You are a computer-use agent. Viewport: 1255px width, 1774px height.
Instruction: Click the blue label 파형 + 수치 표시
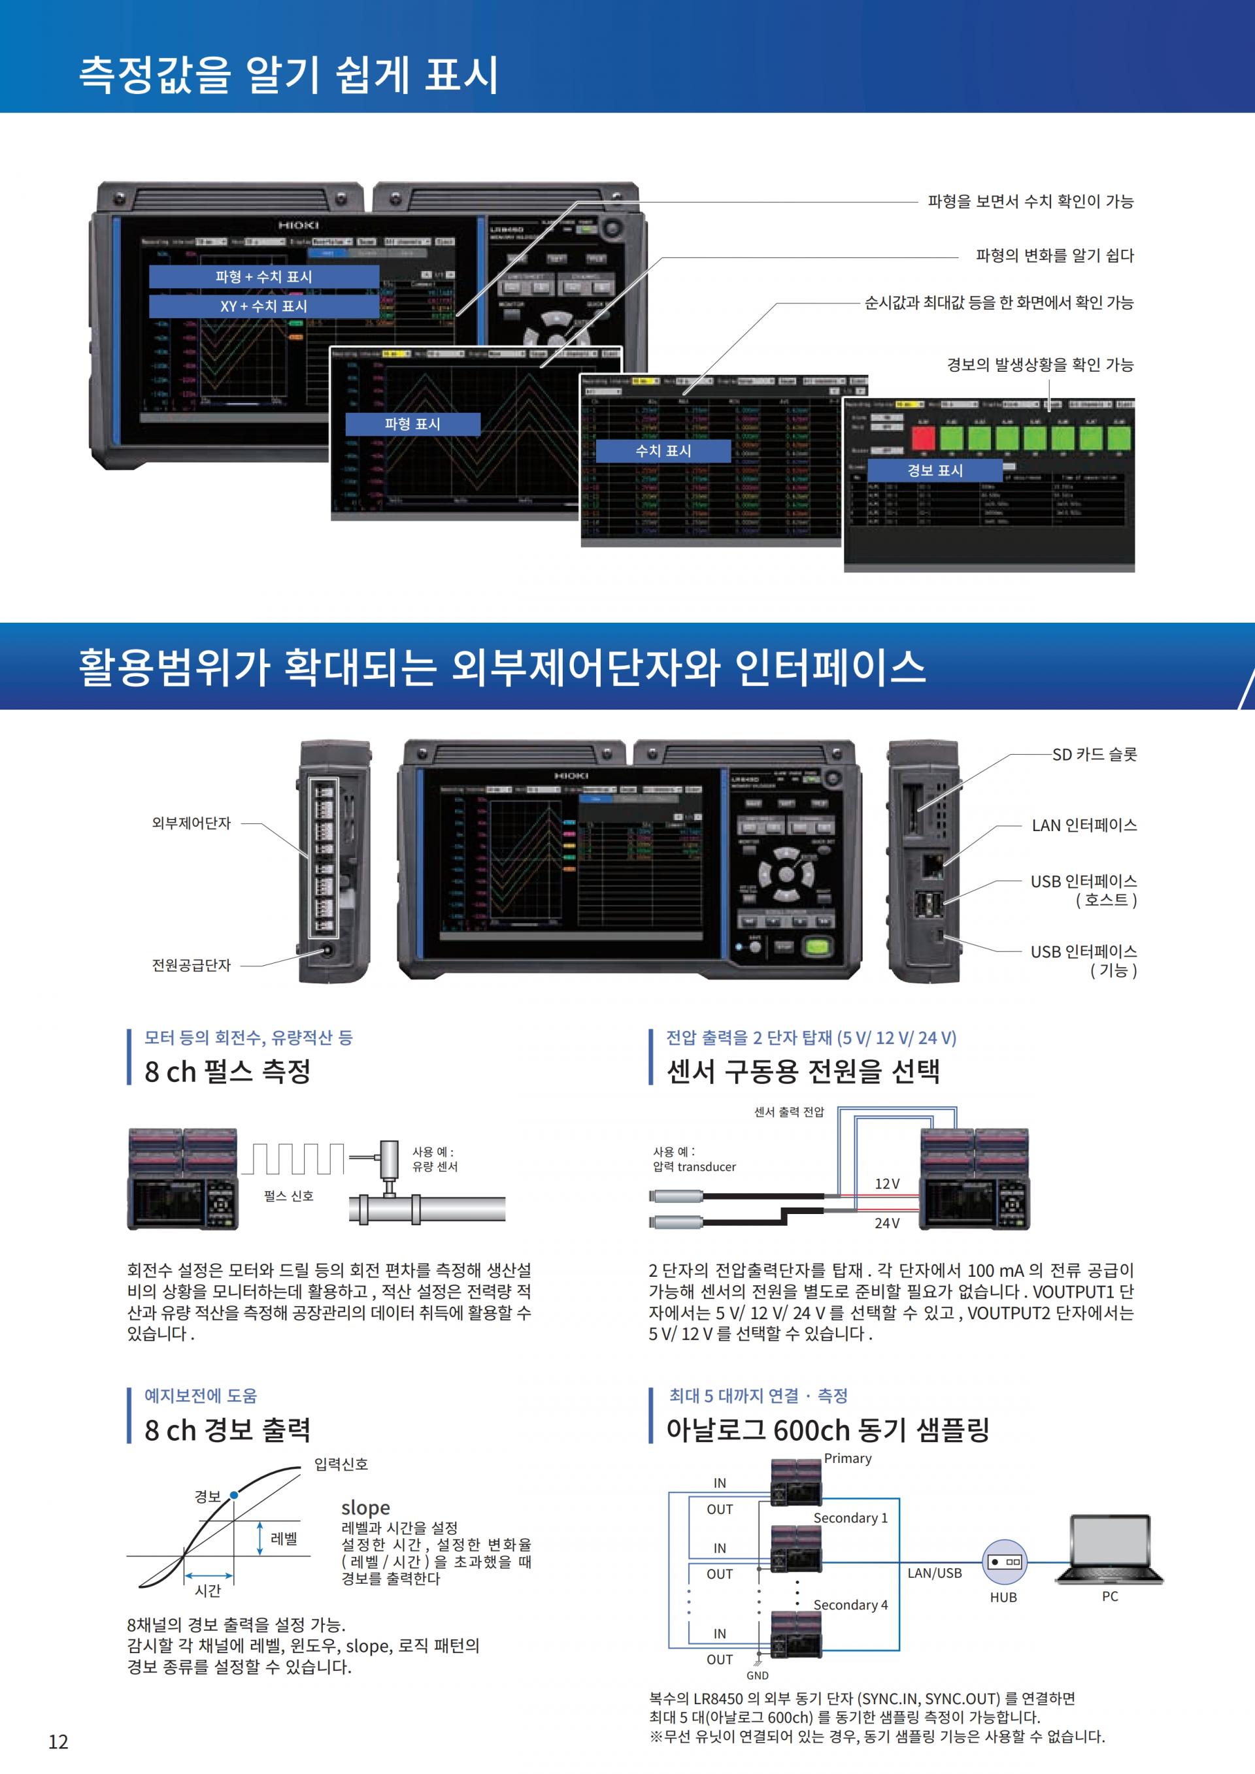pyautogui.click(x=263, y=276)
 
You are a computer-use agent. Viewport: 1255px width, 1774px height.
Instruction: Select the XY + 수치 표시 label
pyautogui.click(x=263, y=306)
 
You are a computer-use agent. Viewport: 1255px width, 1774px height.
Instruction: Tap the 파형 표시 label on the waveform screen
pyautogui.click(x=412, y=423)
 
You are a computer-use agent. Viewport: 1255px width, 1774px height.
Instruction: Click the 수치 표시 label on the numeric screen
pyautogui.click(x=662, y=450)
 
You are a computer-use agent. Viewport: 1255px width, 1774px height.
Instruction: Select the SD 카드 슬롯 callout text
pyautogui.click(x=1094, y=754)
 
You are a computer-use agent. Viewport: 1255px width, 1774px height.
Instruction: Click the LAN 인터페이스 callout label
pyautogui.click(x=1084, y=825)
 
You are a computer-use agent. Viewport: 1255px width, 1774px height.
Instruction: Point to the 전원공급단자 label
pyautogui.click(x=191, y=965)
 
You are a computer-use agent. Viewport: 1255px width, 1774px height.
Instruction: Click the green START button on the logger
pyautogui.click(x=818, y=947)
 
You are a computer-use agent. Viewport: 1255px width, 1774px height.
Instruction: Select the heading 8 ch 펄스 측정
pyautogui.click(x=227, y=1072)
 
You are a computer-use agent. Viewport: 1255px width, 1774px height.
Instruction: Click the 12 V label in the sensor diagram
pyautogui.click(x=886, y=1184)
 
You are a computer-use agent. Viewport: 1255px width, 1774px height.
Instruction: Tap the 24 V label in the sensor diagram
pyautogui.click(x=886, y=1223)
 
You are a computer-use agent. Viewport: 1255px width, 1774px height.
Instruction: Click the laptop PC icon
pyautogui.click(x=1109, y=1549)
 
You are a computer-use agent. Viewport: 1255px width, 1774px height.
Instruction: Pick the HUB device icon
pyautogui.click(x=1004, y=1562)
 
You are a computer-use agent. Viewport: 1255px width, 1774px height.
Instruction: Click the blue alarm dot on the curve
pyautogui.click(x=234, y=1495)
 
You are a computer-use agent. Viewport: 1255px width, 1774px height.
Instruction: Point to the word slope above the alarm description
pyautogui.click(x=365, y=1507)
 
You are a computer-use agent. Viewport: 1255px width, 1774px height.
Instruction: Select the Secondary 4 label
pyautogui.click(x=850, y=1605)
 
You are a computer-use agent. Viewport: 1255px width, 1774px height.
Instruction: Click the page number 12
pyautogui.click(x=58, y=1741)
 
